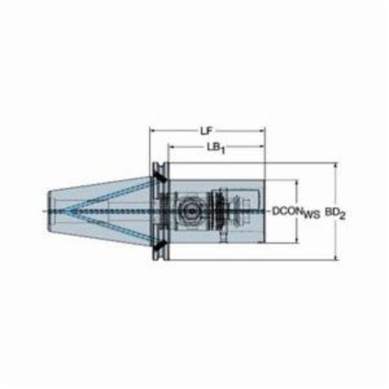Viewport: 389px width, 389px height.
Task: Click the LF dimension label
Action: click(x=206, y=131)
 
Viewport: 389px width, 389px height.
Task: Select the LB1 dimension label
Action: click(x=216, y=148)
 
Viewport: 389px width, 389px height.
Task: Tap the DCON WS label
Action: click(x=296, y=212)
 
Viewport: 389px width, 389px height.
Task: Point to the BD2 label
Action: click(x=335, y=214)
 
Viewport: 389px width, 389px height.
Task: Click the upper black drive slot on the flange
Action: click(x=159, y=177)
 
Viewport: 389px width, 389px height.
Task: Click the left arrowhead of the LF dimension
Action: click(x=152, y=131)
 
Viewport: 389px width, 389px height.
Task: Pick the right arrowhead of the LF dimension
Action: click(x=261, y=131)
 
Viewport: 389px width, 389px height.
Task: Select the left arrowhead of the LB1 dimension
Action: click(x=171, y=147)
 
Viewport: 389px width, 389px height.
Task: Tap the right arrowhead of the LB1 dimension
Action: click(x=261, y=147)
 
